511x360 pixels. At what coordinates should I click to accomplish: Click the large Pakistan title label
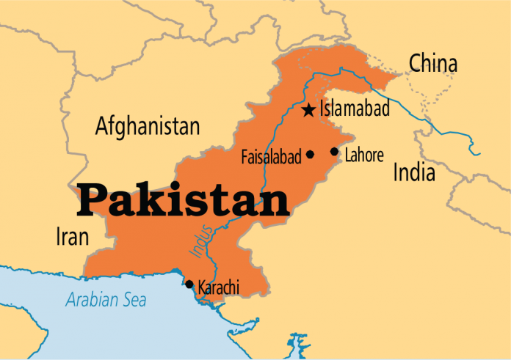click(x=184, y=200)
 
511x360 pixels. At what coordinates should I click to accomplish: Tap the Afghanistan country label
click(x=148, y=127)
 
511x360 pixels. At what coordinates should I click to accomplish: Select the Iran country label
click(x=72, y=237)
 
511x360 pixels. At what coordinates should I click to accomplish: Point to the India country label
click(x=414, y=173)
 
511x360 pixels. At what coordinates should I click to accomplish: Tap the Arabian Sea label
click(x=106, y=300)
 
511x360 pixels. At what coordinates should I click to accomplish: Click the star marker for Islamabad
click(x=308, y=111)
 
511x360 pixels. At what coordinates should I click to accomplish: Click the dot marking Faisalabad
click(x=310, y=155)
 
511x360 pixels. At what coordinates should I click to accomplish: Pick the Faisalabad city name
click(x=271, y=157)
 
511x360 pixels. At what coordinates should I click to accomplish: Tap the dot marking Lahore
click(x=334, y=152)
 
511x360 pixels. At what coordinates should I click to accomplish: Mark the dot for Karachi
click(x=189, y=284)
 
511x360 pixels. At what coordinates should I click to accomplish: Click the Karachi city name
click(x=219, y=288)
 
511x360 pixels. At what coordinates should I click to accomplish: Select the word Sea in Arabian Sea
click(x=134, y=300)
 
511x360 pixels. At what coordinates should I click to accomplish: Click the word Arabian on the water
click(x=93, y=300)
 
